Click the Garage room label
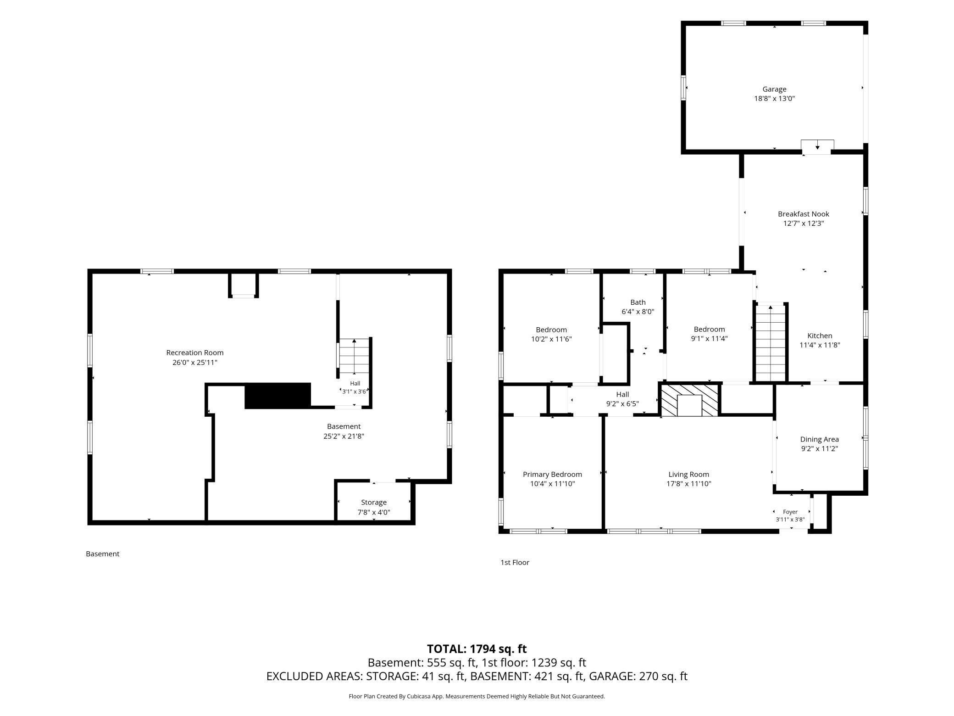(x=774, y=89)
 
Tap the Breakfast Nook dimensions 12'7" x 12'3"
(x=804, y=224)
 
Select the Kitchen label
(x=820, y=336)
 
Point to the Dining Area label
(x=819, y=439)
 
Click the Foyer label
(x=790, y=512)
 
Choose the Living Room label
(x=688, y=474)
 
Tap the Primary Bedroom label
(x=552, y=474)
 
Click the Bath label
(x=638, y=302)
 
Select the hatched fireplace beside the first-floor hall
(x=689, y=400)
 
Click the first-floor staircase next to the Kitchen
(x=771, y=343)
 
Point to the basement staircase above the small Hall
(x=354, y=357)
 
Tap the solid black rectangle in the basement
(x=277, y=395)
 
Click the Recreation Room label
(x=195, y=352)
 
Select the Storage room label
(x=373, y=502)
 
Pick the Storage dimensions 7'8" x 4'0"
(x=373, y=512)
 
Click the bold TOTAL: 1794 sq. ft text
(x=477, y=649)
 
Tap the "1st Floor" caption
(x=515, y=562)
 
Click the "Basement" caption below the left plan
(x=102, y=554)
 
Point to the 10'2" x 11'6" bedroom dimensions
(x=551, y=339)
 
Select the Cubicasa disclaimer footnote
(x=477, y=696)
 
